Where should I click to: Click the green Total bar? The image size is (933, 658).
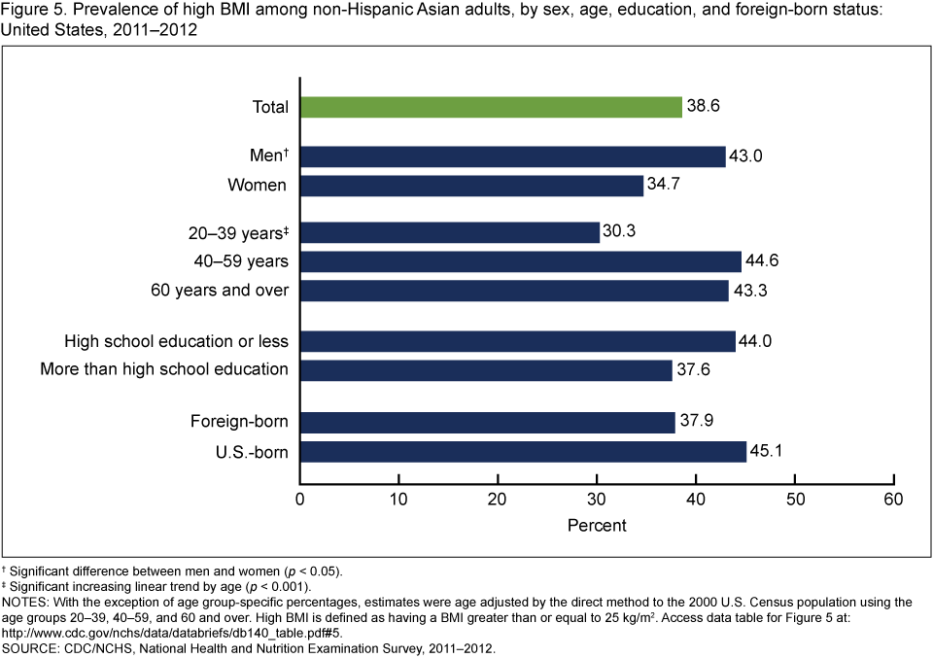pyautogui.click(x=491, y=107)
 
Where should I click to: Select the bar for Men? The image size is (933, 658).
pyautogui.click(x=512, y=156)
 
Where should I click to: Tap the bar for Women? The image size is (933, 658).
pyautogui.click(x=471, y=185)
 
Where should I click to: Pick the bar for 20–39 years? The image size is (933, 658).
pyautogui.click(x=450, y=233)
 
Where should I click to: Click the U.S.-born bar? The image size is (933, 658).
pyautogui.click(x=523, y=452)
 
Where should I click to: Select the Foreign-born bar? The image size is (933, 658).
pyautogui.click(x=487, y=423)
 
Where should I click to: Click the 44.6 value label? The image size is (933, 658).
pyautogui.click(x=764, y=261)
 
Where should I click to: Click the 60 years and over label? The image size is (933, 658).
pyautogui.click(x=220, y=291)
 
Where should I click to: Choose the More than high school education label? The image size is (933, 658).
pyautogui.click(x=164, y=369)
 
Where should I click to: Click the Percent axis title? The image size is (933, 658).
pyautogui.click(x=597, y=525)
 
